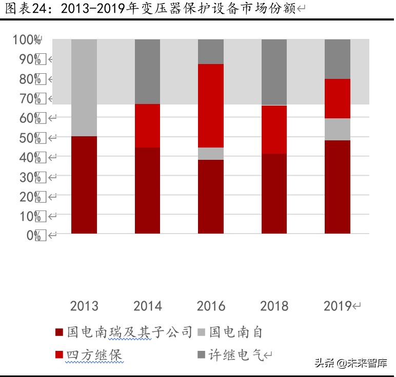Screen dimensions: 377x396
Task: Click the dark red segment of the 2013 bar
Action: [84, 185]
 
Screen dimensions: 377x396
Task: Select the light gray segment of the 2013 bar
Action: [84, 88]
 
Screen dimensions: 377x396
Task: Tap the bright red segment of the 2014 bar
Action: [147, 125]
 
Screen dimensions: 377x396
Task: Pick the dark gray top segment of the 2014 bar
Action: [147, 72]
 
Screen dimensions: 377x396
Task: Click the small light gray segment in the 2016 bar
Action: [211, 154]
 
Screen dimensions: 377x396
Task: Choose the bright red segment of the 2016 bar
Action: [211, 106]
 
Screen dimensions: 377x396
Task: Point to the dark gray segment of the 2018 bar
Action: [274, 72]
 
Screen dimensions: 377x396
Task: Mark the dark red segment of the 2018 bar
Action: [274, 194]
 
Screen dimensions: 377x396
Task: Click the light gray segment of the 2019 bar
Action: [338, 129]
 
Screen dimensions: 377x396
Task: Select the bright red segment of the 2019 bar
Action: [338, 98]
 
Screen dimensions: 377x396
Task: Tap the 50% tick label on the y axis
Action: [30, 138]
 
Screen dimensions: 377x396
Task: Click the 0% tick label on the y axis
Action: [33, 235]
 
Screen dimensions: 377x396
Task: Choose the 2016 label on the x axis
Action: [211, 306]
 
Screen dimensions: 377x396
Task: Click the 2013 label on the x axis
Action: [84, 306]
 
